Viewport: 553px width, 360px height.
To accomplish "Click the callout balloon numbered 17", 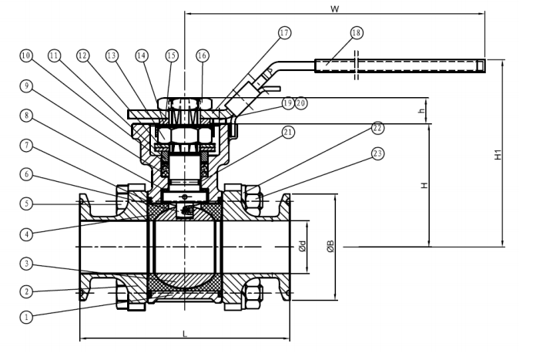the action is coord(284,33).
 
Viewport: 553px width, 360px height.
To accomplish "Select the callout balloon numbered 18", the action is coord(357,33).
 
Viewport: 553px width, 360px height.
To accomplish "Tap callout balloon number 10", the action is coord(26,56).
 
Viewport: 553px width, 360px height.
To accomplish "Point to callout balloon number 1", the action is coord(26,317).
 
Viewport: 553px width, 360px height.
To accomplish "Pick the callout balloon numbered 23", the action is coord(377,153).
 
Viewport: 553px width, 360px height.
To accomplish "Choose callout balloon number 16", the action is coord(202,56).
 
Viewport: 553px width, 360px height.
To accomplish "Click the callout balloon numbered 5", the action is coord(26,204).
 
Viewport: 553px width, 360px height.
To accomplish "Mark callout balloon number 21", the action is coord(288,133).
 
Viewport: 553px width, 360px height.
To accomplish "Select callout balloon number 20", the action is coord(301,103).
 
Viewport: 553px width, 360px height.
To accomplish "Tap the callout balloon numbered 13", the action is coord(112,56).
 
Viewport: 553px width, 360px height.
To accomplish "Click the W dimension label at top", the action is coord(335,8).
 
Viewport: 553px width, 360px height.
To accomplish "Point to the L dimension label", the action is coord(184,334).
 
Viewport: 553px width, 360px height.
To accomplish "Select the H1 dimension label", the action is coord(498,155).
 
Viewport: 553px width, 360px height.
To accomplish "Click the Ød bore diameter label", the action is coord(302,246).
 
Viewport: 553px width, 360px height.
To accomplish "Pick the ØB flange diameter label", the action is coord(330,247).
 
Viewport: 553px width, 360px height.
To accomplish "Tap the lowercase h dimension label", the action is coord(421,110).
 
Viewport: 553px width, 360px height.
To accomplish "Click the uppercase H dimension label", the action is coord(424,185).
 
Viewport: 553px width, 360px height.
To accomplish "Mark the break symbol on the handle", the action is coord(356,66).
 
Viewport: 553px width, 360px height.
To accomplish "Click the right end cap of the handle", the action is coord(481,66).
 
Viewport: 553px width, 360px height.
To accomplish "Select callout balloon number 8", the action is coord(26,116).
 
